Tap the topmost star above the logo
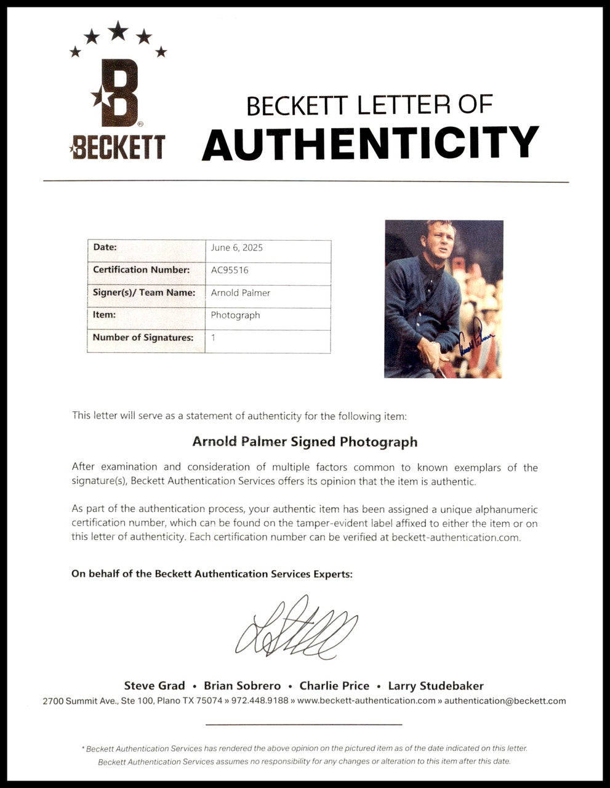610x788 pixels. pyautogui.click(x=118, y=30)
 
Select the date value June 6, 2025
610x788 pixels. pyautogui.click(x=237, y=247)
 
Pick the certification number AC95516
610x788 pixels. pyautogui.click(x=230, y=270)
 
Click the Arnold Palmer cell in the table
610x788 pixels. pyautogui.click(x=241, y=292)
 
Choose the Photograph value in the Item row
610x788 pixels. pyautogui.click(x=235, y=315)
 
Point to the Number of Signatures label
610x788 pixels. pyautogui.click(x=143, y=337)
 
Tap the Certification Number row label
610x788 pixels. pyautogui.click(x=142, y=270)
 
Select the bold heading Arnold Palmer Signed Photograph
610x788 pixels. pyautogui.click(x=305, y=441)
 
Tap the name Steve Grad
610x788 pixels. pyautogui.click(x=155, y=686)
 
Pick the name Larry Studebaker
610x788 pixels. pyautogui.click(x=441, y=686)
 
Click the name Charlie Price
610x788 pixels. pyautogui.click(x=334, y=686)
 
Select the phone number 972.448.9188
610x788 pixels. pyautogui.click(x=260, y=701)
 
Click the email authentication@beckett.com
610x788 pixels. pyautogui.click(x=505, y=701)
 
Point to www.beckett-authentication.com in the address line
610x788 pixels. pyautogui.click(x=366, y=701)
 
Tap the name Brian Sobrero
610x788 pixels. pyautogui.click(x=243, y=686)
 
